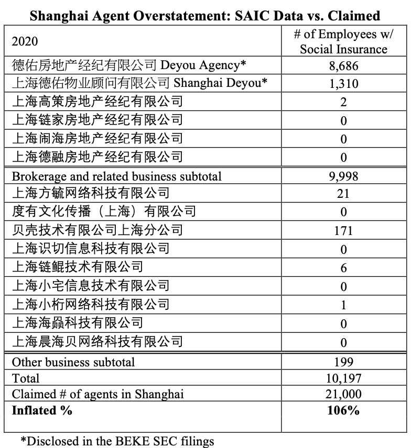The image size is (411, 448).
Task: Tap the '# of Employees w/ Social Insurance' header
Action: point(343,41)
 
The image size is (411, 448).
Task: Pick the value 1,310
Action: point(343,84)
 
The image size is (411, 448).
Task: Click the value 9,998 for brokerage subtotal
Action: point(343,176)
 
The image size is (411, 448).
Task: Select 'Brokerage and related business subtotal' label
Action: point(116,176)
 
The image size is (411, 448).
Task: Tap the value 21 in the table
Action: point(343,194)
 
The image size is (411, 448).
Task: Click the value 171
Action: point(343,231)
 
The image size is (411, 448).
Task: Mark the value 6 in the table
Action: point(343,268)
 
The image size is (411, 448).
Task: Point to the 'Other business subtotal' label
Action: point(73,362)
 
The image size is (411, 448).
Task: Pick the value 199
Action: point(343,362)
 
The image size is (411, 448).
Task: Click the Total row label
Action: point(26,378)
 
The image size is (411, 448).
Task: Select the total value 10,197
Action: point(343,378)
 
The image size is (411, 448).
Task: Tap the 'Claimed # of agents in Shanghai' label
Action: point(98,394)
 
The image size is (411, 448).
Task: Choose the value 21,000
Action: point(343,394)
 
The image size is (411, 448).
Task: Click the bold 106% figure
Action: point(343,410)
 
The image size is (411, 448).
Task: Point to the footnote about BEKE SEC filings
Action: point(117,440)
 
